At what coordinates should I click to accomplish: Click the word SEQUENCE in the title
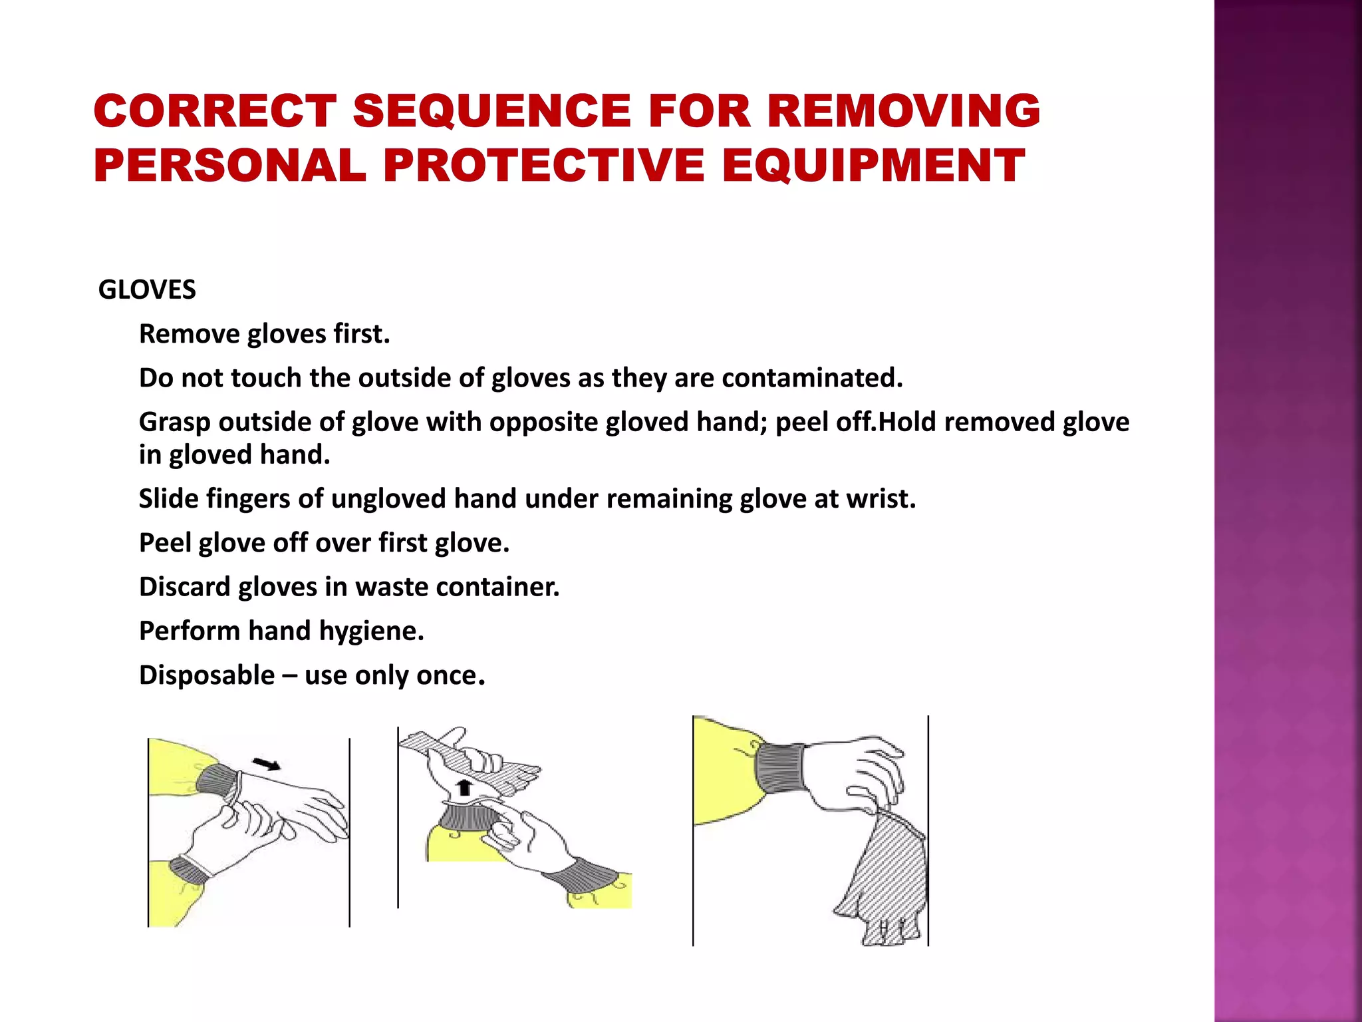[x=491, y=110]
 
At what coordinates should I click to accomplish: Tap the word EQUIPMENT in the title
[x=873, y=166]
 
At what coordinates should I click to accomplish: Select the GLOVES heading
[x=147, y=290]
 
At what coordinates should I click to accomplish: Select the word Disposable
[x=207, y=675]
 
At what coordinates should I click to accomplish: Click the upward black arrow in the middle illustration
[x=465, y=788]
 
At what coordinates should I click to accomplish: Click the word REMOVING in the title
[x=903, y=110]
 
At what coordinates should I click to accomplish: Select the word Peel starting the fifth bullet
[x=165, y=544]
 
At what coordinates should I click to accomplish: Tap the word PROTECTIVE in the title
[x=543, y=166]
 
